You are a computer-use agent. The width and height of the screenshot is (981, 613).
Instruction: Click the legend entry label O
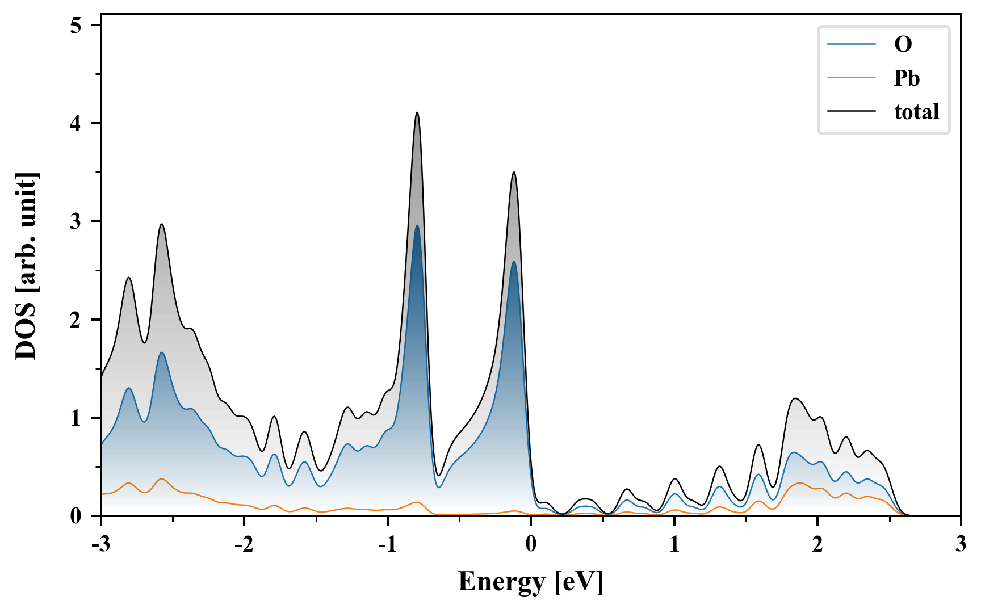[903, 44]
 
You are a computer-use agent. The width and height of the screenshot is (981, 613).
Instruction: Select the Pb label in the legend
[906, 78]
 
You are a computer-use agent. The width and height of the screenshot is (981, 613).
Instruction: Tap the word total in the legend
[916, 112]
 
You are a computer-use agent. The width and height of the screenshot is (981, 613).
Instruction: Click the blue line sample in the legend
[851, 44]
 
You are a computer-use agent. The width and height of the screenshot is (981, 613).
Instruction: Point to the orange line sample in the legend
[851, 78]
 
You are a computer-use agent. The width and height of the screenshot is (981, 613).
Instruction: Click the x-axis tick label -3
[100, 544]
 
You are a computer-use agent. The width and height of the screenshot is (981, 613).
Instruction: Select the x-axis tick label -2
[244, 544]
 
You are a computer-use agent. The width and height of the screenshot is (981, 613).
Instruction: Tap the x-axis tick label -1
[387, 544]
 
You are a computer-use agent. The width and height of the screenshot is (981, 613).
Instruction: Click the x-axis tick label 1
[674, 544]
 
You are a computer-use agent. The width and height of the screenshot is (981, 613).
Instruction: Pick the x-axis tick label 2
[817, 544]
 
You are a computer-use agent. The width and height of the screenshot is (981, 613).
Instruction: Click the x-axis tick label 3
[960, 544]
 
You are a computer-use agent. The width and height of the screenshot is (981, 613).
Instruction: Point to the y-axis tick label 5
[76, 26]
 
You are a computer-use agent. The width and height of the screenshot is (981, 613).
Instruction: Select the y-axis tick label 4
[76, 123]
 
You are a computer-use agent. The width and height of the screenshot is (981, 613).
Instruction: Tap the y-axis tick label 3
[76, 221]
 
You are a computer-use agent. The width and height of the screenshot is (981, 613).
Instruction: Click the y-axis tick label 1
[76, 418]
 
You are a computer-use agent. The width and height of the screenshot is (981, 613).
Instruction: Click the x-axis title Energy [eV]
[530, 582]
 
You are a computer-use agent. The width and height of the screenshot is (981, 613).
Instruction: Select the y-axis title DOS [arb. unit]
[26, 266]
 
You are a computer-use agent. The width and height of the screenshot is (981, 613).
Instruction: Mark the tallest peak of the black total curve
[417, 112]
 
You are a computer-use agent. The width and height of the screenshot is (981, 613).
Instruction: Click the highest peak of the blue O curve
[417, 225]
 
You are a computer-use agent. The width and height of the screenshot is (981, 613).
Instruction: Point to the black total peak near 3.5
[514, 172]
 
